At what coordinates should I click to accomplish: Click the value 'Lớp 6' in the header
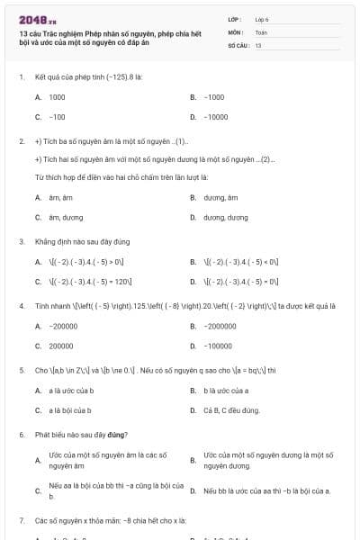[262, 19]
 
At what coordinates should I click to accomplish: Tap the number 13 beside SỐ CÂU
[258, 44]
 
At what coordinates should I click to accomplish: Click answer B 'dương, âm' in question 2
[220, 197]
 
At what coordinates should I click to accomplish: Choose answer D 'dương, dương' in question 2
[224, 217]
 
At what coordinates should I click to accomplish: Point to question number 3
[21, 242]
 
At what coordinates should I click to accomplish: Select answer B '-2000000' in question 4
[220, 326]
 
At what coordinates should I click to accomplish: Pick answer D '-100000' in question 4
[219, 346]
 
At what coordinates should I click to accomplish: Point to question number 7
[21, 520]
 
